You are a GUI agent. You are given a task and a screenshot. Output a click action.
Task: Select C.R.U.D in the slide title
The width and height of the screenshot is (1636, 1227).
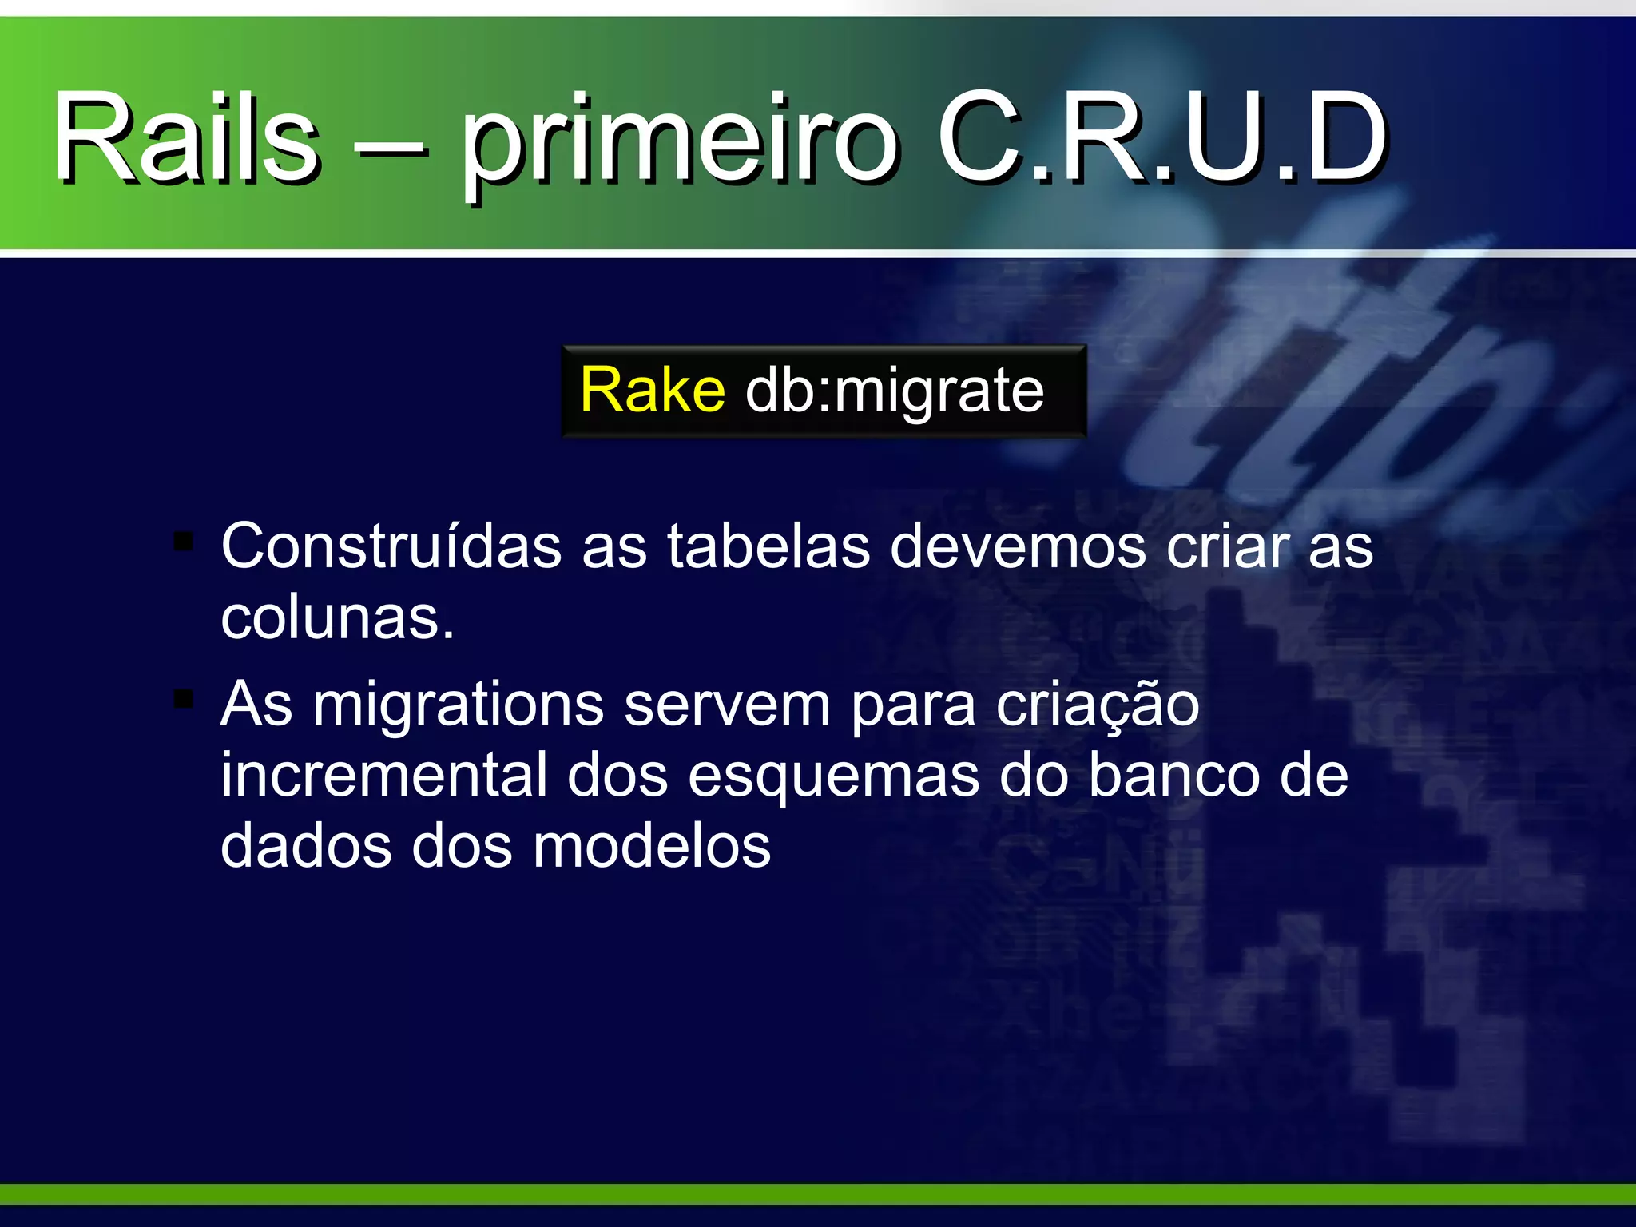(1161, 137)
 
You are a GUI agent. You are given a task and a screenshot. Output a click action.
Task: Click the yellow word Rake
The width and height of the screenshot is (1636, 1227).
(653, 391)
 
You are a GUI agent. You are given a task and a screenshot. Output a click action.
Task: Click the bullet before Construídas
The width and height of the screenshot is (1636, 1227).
(184, 542)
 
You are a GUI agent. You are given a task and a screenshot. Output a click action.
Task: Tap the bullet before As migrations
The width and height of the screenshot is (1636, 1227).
(184, 700)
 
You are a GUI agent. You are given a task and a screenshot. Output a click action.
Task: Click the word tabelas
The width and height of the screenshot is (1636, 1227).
(768, 546)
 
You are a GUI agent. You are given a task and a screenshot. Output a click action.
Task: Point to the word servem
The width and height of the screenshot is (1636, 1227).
(727, 705)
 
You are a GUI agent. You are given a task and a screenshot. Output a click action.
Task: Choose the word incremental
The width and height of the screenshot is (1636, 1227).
(384, 775)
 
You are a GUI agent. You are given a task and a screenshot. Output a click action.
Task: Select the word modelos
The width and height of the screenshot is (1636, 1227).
(652, 846)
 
